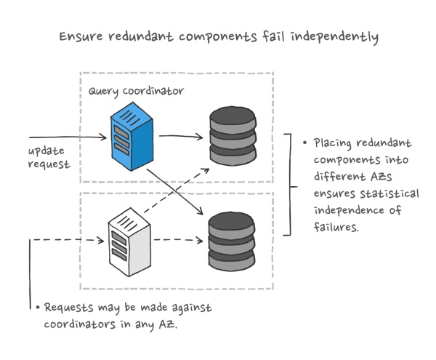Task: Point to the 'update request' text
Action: coord(49,158)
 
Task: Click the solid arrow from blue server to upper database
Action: coord(181,135)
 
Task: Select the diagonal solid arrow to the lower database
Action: coord(174,191)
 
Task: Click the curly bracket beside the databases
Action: coord(288,185)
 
